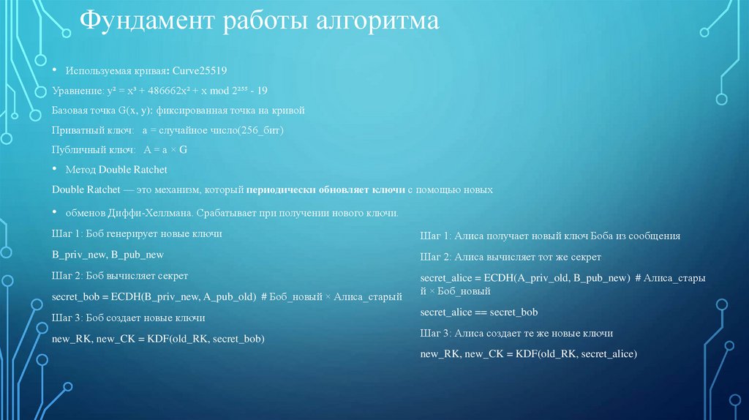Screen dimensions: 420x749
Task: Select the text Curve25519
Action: coord(199,71)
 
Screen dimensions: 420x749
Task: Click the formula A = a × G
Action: coord(166,149)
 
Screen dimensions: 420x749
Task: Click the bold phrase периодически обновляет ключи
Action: coord(325,190)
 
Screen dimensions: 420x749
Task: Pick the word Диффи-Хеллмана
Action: coord(136,214)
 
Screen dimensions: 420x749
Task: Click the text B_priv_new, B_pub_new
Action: coord(108,255)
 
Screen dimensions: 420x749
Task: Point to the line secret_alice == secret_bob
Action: coord(479,312)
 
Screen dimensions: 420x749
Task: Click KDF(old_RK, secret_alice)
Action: coord(576,353)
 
